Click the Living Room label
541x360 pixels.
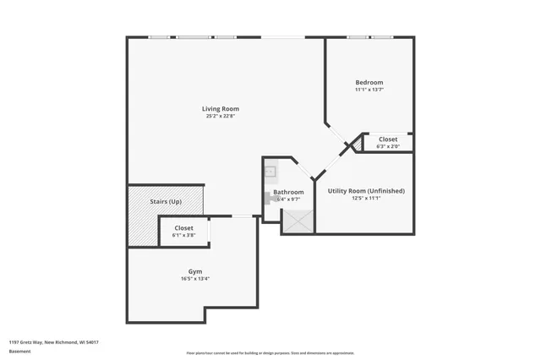point(220,108)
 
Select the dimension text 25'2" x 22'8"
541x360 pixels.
point(220,116)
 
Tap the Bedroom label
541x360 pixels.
point(369,82)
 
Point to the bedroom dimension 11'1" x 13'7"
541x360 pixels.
point(369,90)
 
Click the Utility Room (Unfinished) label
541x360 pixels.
point(366,191)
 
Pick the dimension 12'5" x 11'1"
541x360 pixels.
point(366,199)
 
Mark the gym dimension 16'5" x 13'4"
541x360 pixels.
point(195,279)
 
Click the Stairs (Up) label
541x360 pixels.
point(166,202)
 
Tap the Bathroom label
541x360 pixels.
point(288,192)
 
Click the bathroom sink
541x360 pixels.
point(270,172)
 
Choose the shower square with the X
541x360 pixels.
point(298,221)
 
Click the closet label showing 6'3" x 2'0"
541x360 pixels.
point(388,142)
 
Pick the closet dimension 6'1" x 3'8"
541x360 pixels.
point(183,235)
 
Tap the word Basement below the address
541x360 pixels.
point(18,352)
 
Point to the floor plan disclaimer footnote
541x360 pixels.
point(270,352)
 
